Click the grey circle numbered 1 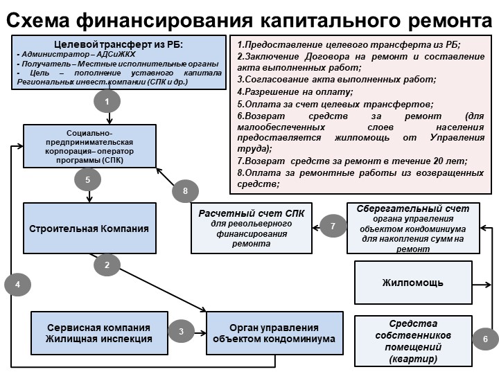point(107,102)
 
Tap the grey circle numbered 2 point(107,265)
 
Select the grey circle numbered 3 point(182,332)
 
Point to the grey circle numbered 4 point(18,283)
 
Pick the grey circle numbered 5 point(88,180)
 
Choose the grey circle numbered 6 point(485,339)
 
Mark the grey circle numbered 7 point(333,226)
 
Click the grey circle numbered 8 point(185,191)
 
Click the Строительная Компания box point(89,229)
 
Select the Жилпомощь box point(413,283)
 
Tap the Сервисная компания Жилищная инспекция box point(99,333)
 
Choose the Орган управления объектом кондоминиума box point(274,333)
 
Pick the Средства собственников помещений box point(413,341)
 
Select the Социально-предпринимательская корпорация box point(89,146)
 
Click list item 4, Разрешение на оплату point(295,91)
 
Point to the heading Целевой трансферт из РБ point(119,44)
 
